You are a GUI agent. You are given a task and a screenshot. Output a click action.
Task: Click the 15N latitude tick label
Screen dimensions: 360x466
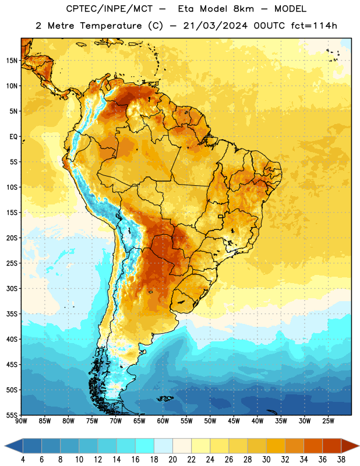12,61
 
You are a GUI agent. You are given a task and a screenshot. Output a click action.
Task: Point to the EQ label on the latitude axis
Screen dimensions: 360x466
13,137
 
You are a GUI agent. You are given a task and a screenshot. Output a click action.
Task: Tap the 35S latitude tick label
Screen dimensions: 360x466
12,314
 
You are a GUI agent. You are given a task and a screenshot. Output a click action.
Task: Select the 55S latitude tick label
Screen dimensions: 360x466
12,415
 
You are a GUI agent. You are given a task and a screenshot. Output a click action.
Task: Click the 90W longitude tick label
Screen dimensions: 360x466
21,421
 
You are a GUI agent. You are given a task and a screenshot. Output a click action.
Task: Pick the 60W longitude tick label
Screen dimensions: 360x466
163,421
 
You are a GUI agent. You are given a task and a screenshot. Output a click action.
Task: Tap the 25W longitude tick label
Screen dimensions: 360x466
328,421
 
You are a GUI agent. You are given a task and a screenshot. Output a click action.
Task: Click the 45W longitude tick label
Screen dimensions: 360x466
234,421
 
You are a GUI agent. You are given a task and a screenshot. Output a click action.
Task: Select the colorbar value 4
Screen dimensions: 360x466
23,460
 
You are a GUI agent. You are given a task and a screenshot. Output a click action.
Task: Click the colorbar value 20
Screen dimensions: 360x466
172,460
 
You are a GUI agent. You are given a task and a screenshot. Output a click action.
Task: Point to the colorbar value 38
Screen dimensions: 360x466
341,460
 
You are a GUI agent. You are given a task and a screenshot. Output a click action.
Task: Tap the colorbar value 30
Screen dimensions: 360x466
266,460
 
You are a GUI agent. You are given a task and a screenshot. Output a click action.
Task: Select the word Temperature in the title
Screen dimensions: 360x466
111,26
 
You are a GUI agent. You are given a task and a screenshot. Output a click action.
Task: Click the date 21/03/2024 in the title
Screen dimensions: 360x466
215,26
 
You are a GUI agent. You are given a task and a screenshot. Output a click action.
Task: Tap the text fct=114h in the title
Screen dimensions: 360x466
314,26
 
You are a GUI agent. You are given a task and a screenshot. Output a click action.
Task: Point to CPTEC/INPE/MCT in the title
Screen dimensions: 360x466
110,9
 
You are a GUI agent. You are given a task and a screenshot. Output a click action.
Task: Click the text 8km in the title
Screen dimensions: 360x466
243,9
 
